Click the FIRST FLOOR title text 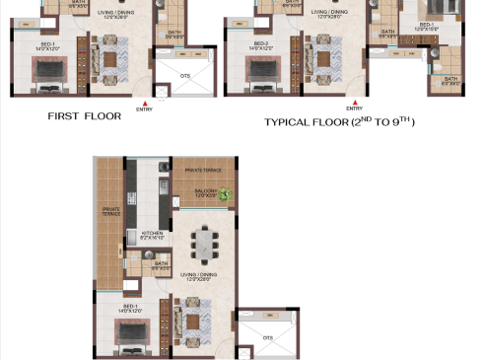(x=84, y=115)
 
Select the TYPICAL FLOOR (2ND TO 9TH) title (x=339, y=122)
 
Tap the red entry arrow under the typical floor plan (x=348, y=102)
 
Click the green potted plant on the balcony (x=226, y=194)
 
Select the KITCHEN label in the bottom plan (x=152, y=235)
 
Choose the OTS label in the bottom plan (x=268, y=336)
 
